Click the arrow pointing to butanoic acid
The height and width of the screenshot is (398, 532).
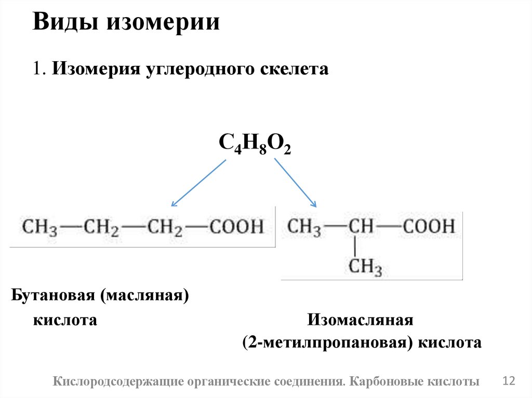coord(198,183)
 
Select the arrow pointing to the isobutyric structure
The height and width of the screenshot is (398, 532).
coord(295,183)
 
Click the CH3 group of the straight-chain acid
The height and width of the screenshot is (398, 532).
coord(38,227)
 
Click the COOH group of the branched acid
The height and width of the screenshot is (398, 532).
coord(429,226)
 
